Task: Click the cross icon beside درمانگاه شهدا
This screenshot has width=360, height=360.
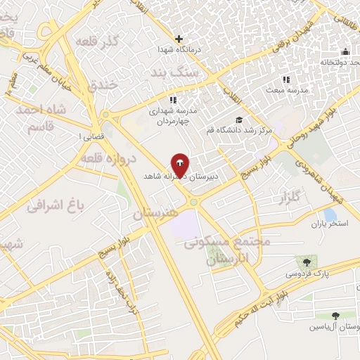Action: (179, 39)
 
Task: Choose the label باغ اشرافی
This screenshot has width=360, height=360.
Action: (56, 205)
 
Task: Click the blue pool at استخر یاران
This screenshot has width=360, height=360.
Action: (329, 214)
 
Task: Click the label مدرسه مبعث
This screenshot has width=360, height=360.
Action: (284, 90)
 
